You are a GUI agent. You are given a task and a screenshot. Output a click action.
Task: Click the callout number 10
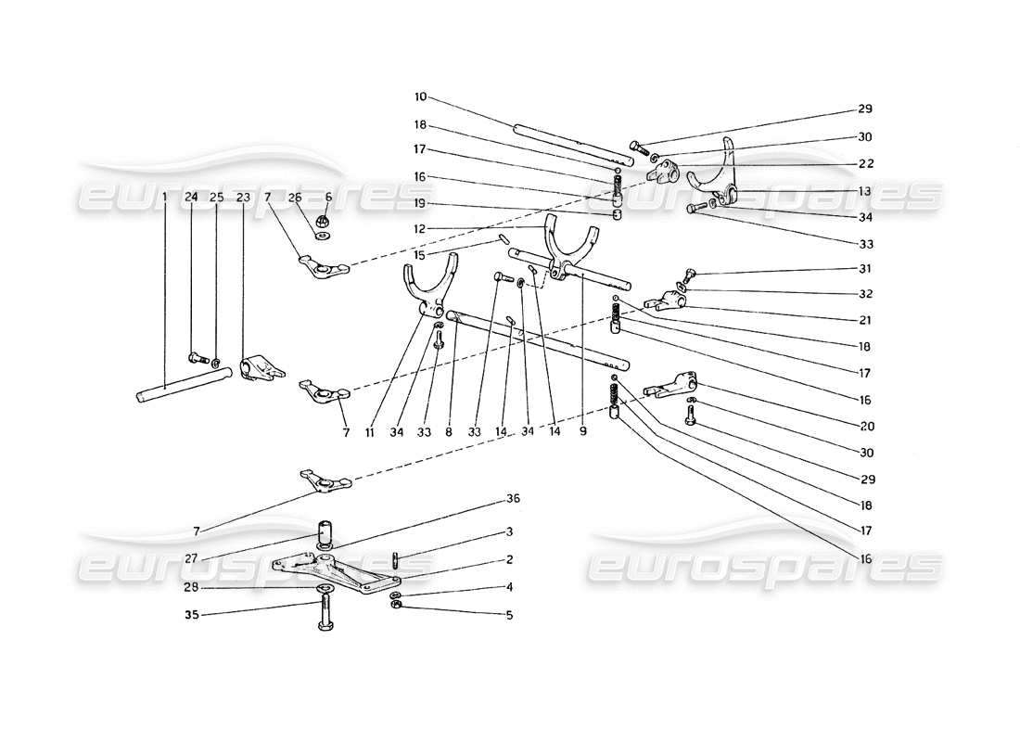[x=421, y=96]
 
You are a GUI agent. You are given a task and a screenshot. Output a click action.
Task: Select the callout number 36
[x=513, y=499]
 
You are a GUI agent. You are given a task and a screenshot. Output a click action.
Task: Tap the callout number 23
[x=243, y=197]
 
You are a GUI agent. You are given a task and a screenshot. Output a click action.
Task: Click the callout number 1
[x=164, y=197]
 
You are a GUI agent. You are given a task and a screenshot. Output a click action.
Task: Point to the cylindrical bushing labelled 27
[x=325, y=535]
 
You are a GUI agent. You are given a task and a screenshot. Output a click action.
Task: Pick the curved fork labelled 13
[x=726, y=172]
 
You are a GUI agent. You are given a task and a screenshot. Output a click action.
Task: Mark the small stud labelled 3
[x=395, y=559]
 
